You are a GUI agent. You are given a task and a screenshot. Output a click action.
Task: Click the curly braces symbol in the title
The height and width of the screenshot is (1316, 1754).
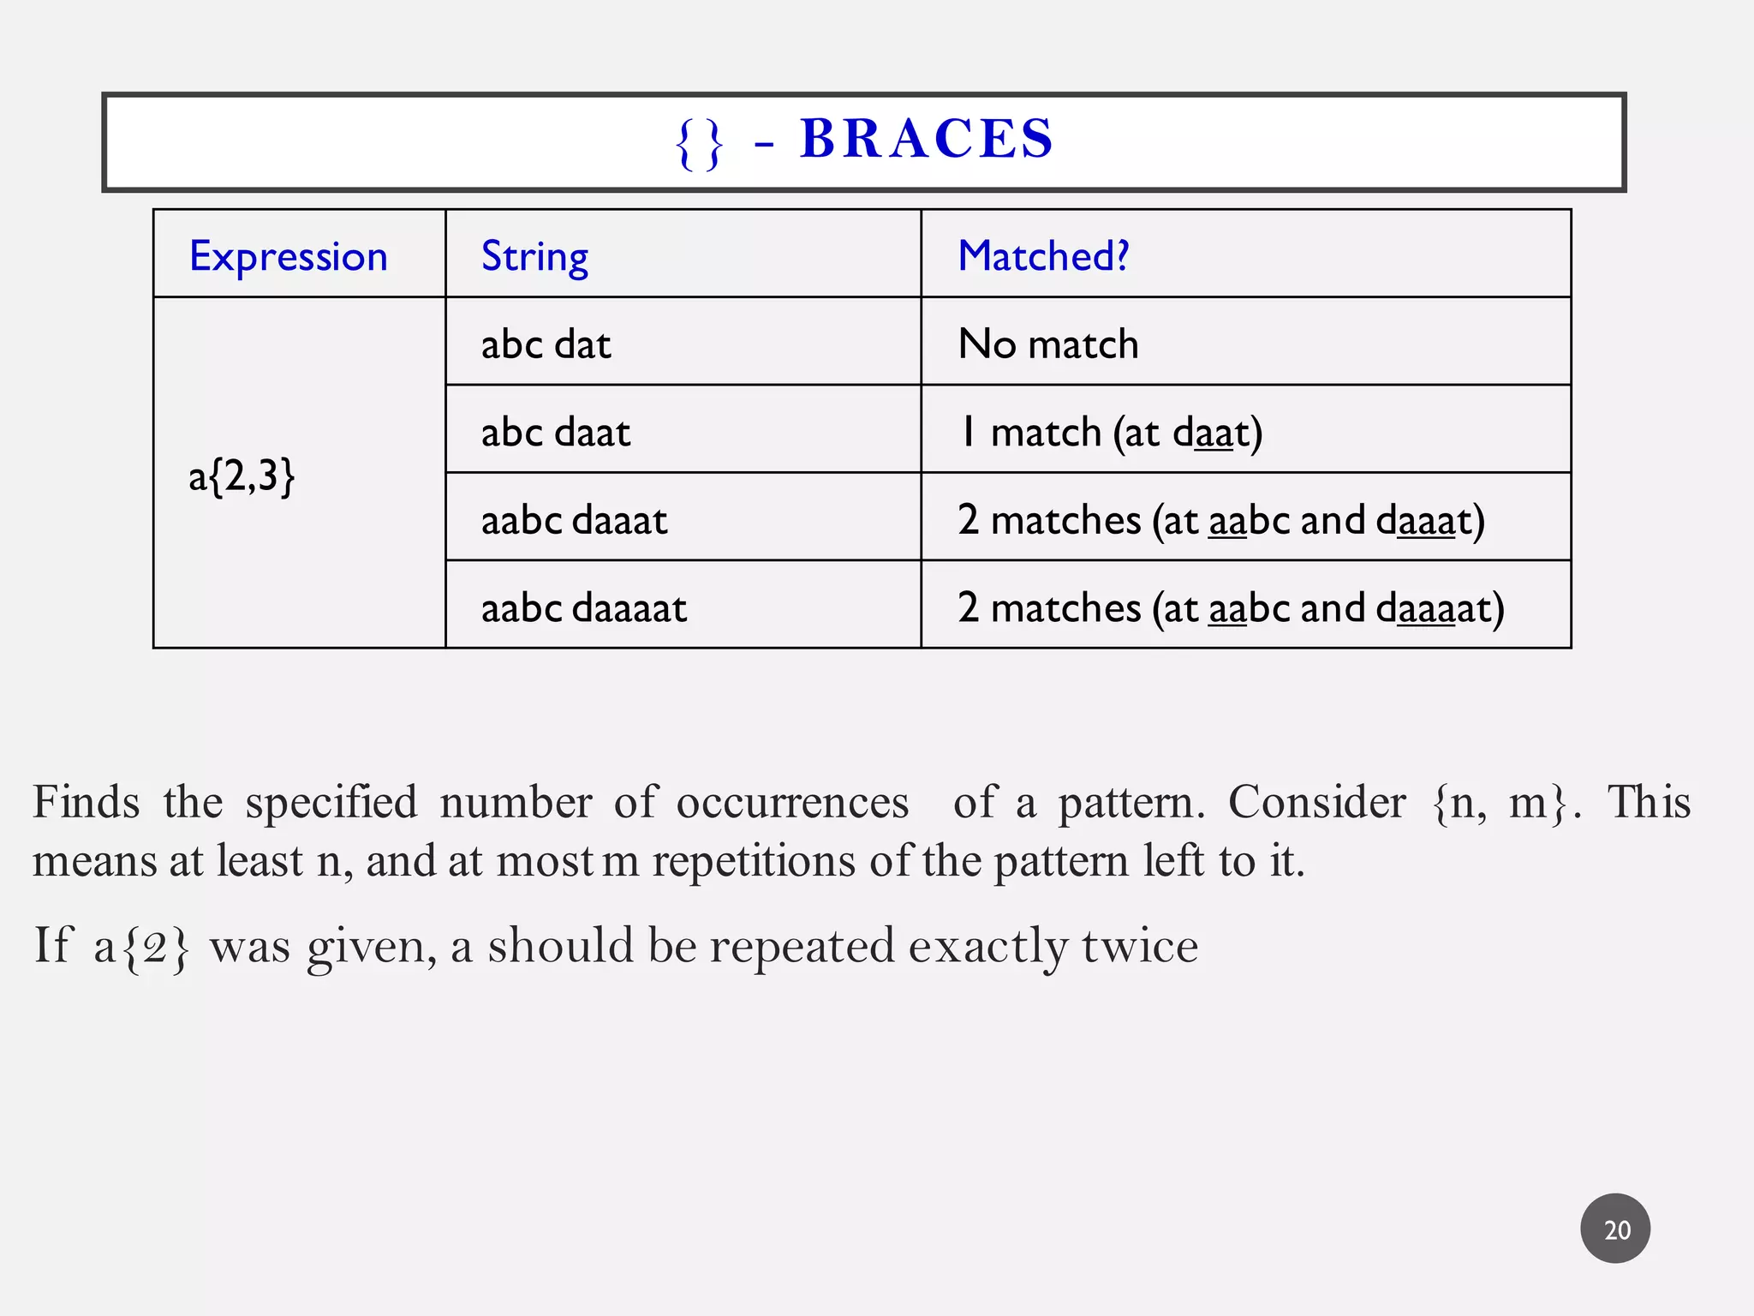(700, 144)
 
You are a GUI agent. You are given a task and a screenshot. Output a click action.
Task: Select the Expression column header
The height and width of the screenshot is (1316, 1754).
(289, 256)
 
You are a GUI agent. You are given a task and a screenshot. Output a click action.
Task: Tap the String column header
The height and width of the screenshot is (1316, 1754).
(534, 256)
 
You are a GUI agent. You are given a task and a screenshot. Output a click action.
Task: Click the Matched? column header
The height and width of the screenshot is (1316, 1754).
(1043, 256)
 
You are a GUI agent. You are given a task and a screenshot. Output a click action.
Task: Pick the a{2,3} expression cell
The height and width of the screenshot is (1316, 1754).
(242, 476)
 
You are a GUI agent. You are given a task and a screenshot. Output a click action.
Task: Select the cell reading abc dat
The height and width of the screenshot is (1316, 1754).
(546, 344)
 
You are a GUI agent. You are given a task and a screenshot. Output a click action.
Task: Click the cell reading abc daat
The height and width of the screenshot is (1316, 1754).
(555, 432)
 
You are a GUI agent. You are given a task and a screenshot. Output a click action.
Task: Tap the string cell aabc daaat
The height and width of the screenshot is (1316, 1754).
(574, 520)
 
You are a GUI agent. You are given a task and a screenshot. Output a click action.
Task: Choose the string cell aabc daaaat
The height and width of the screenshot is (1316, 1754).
(583, 608)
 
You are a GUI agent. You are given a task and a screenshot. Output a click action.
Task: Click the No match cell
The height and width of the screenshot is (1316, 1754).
(1047, 344)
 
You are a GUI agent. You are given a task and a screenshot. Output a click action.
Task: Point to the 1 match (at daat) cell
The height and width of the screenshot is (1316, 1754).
(1110, 432)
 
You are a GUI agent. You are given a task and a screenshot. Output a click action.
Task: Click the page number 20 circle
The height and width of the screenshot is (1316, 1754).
(1615, 1229)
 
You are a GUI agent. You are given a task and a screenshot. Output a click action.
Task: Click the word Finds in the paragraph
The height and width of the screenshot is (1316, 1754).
(86, 803)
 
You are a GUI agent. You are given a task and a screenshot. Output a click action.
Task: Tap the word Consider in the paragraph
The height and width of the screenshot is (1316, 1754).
(1316, 803)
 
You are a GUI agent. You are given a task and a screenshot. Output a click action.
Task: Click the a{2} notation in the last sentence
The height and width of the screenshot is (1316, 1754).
(141, 948)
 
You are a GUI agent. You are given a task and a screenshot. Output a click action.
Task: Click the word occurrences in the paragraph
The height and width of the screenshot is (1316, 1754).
(792, 803)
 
